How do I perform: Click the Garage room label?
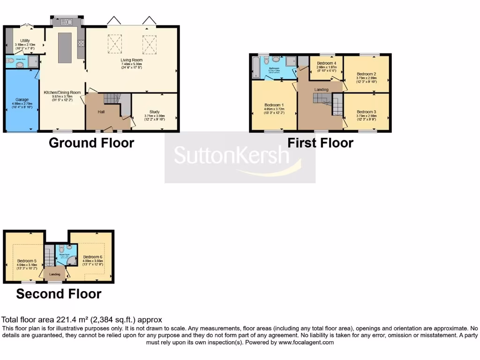(22, 100)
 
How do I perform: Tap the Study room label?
(155, 112)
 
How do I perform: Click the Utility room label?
(25, 41)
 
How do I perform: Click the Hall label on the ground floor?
(101, 112)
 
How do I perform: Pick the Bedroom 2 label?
(366, 74)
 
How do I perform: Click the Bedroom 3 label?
(366, 112)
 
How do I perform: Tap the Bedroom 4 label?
(326, 63)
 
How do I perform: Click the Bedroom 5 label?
(27, 261)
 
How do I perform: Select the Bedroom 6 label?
(92, 257)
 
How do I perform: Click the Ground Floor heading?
(91, 142)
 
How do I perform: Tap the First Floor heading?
(320, 142)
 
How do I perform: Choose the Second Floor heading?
(59, 294)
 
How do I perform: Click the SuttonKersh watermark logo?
(240, 157)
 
